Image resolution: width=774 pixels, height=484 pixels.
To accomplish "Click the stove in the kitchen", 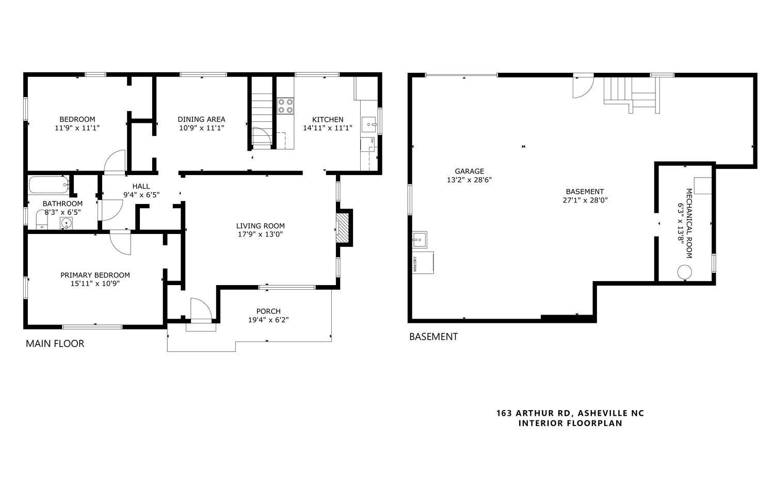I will click(x=285, y=105).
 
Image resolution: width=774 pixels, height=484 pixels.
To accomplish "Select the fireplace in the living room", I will click(x=343, y=227).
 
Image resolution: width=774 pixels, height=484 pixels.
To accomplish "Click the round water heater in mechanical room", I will click(x=685, y=272).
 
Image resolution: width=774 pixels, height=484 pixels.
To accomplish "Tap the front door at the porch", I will click(x=201, y=310).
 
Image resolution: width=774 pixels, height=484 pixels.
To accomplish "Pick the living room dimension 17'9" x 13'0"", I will click(x=260, y=234).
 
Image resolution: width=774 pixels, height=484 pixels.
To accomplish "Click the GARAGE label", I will click(x=469, y=171).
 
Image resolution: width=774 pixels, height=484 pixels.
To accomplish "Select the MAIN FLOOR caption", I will click(x=55, y=344).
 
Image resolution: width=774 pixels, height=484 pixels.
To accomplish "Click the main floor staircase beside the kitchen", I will click(x=262, y=114).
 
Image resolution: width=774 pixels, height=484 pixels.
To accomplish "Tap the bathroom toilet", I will click(x=42, y=220).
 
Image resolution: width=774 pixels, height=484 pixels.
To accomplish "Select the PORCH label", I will click(x=268, y=311).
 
